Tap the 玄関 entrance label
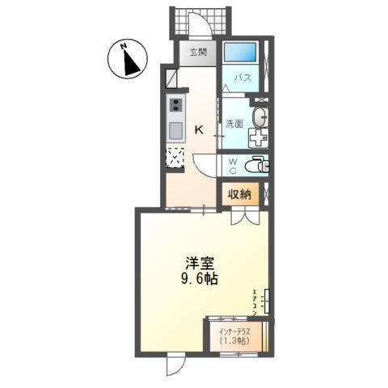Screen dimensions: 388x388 click(198, 53)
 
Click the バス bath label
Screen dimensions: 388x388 click(241, 78)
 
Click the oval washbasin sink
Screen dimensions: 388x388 click(258, 118)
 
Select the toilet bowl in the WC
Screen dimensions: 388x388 click(256, 165)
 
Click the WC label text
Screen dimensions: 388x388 click(232, 165)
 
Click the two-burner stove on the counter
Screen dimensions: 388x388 click(175, 104)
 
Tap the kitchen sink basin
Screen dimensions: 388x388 click(175, 132)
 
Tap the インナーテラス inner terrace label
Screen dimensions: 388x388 click(236, 330)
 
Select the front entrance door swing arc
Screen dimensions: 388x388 click(209, 26)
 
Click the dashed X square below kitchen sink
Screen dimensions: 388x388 click(175, 156)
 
